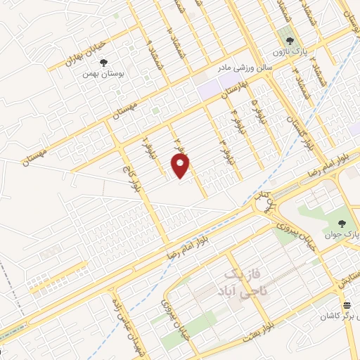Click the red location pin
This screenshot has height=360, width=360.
[181, 166]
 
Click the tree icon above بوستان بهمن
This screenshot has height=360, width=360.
[105, 61]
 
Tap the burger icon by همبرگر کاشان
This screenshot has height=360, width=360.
[347, 304]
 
